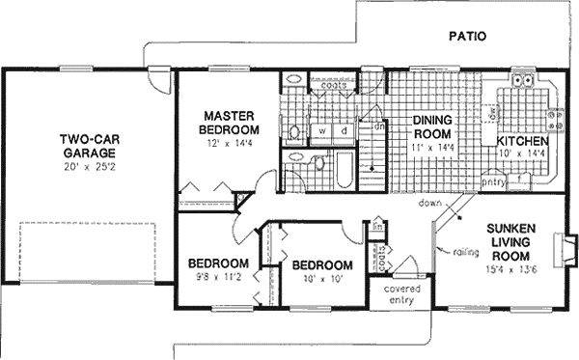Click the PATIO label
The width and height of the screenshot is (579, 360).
467,37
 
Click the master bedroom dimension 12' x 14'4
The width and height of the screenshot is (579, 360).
230,143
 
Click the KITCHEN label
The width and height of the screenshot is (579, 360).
522,142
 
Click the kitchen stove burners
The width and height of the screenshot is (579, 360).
557,121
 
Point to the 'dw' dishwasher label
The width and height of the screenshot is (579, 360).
492,113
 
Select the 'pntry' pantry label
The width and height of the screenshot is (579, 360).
494,180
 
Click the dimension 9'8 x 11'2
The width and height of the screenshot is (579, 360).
218,279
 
